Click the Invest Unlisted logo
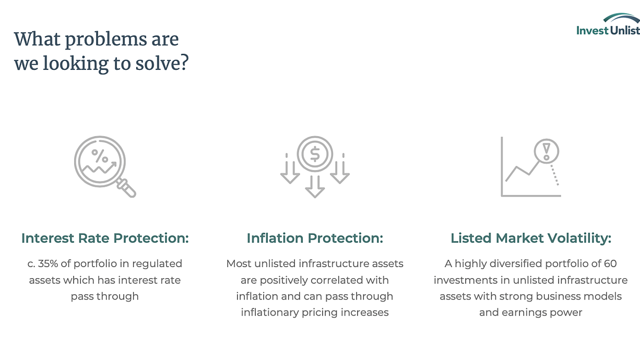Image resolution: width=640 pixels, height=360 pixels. [x=608, y=25]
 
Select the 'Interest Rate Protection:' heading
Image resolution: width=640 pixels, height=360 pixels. [x=105, y=238]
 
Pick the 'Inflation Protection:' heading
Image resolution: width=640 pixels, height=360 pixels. [x=315, y=238]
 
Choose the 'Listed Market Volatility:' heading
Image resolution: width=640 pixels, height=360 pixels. [x=531, y=238]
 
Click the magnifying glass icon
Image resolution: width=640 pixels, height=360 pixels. [x=105, y=166]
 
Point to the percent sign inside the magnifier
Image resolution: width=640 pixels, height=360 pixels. [x=100, y=156]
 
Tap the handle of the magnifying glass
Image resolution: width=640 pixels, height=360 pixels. [x=126, y=188]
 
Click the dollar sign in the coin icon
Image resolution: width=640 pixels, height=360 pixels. [x=315, y=154]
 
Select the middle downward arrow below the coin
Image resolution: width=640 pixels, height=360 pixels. [x=315, y=186]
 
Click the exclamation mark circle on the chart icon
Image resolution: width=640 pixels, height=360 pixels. [x=546, y=151]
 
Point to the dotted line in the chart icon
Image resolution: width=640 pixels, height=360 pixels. [x=554, y=175]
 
